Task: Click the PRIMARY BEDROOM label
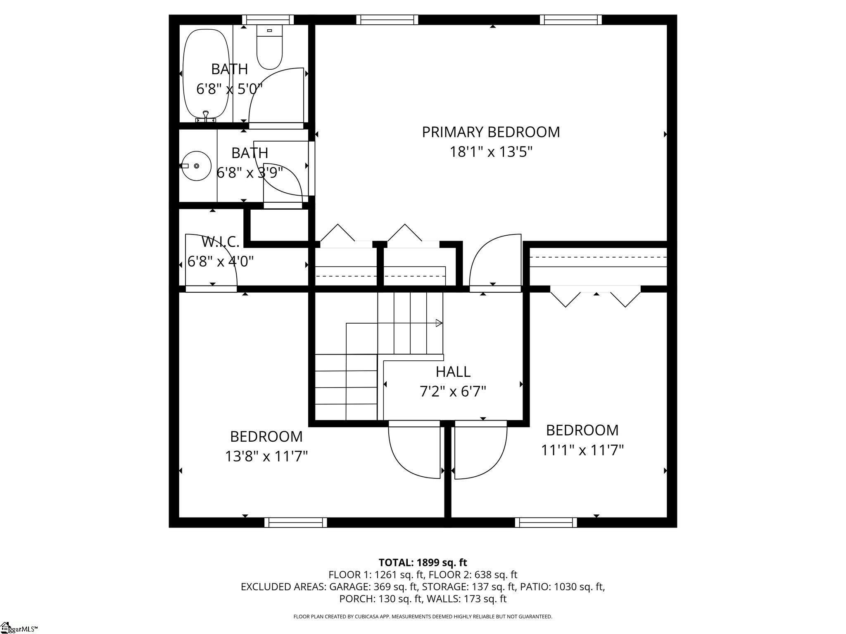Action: click(x=491, y=132)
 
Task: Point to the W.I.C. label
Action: click(x=220, y=242)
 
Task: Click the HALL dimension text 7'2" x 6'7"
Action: click(x=453, y=391)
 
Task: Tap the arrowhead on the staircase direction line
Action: click(x=439, y=323)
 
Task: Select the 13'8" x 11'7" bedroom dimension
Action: click(x=266, y=457)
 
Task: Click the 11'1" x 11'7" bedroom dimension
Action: click(x=582, y=450)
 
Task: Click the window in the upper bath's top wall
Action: click(x=268, y=19)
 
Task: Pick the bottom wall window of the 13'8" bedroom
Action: click(x=295, y=523)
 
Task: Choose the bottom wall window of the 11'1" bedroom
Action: click(x=546, y=523)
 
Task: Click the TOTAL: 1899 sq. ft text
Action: click(x=423, y=563)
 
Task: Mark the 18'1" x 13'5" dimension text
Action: click(x=491, y=152)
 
